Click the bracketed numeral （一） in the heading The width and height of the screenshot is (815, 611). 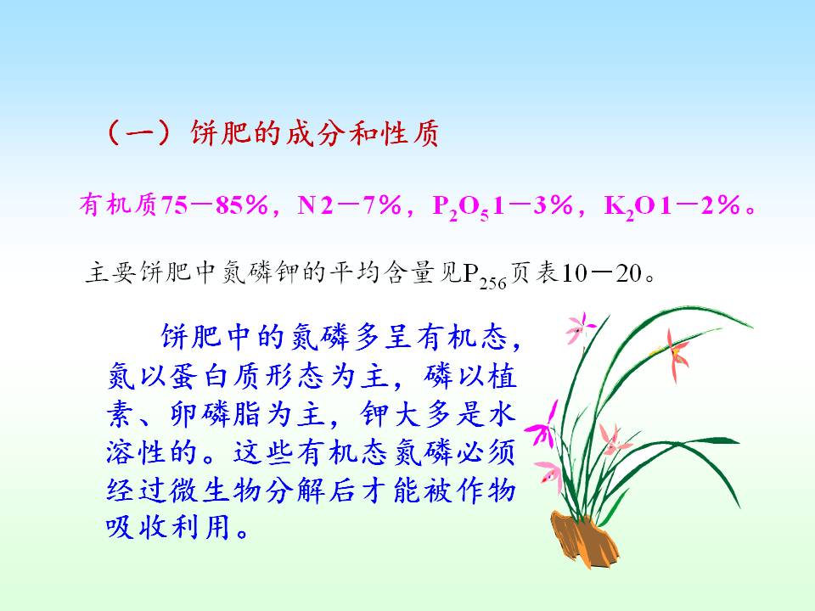click(139, 133)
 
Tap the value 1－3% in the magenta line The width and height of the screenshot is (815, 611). click(533, 205)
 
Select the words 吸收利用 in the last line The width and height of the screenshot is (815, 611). click(168, 528)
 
